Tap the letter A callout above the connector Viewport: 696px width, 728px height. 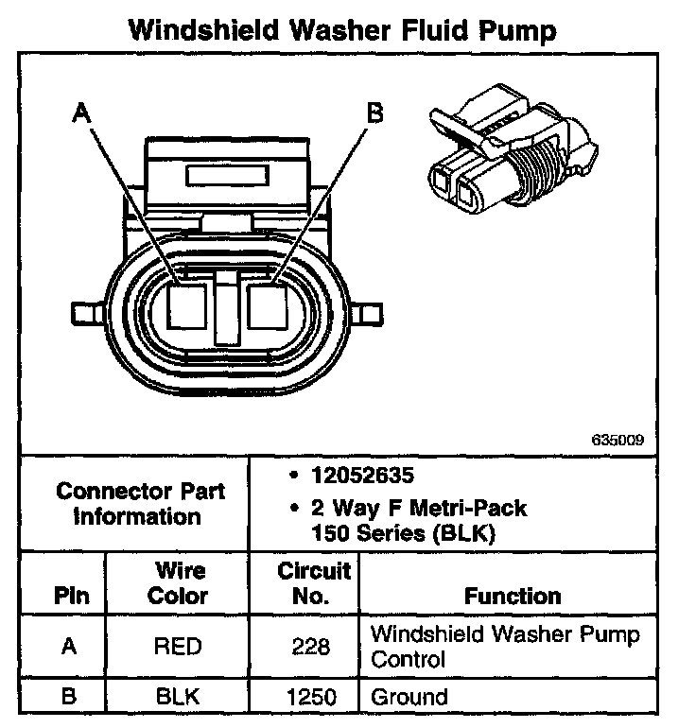coord(82,113)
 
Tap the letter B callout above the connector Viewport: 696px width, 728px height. coord(374,113)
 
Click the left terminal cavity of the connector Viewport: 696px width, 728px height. coord(188,305)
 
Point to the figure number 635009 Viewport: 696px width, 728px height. coord(618,440)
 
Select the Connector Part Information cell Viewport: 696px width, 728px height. coord(140,504)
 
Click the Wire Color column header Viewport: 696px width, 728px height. coord(180,583)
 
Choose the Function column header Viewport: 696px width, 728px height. coord(513,596)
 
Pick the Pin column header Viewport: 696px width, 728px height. coord(73,596)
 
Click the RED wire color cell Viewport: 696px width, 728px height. coord(179,646)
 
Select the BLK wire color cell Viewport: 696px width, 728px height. coord(179,699)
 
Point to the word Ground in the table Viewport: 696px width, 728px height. coord(409,699)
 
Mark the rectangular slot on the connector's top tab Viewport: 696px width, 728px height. coord(230,176)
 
